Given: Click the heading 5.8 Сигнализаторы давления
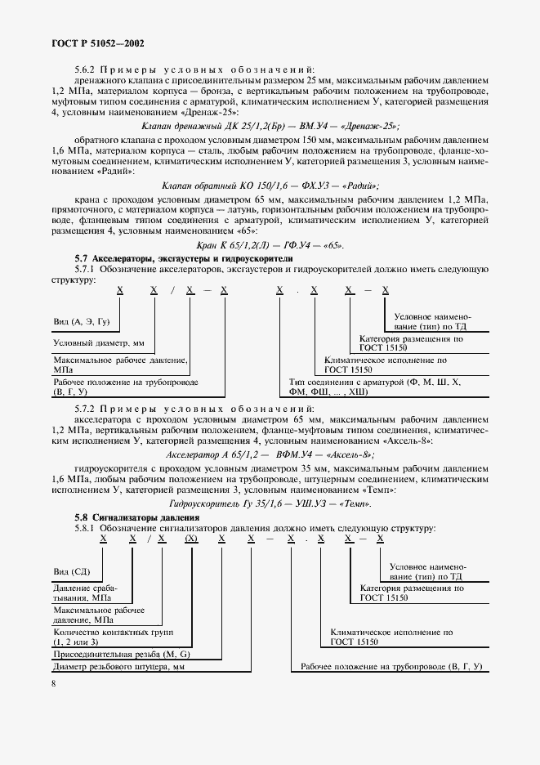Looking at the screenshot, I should tap(137, 518).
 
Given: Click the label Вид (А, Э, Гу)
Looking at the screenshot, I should tap(82, 323).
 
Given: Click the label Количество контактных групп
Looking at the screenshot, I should tap(104, 636).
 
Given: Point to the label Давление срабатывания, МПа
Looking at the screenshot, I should tap(85, 593).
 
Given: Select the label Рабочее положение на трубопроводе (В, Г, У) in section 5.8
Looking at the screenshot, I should tap(392, 669).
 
